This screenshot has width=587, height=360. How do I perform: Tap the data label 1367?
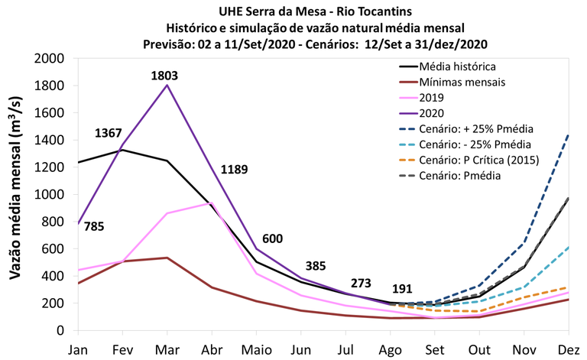[x=109, y=133]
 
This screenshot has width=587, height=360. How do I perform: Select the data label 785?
[x=94, y=226]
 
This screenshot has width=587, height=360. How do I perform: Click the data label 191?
[x=401, y=289]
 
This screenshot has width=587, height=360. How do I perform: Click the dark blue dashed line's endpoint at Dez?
[x=567, y=135]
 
